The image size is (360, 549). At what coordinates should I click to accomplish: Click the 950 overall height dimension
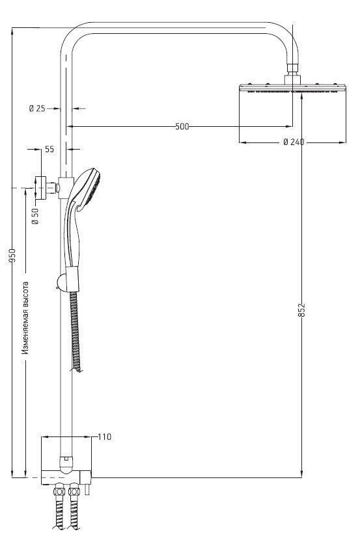tap(12, 256)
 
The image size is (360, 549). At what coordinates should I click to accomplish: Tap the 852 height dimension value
tap(302, 310)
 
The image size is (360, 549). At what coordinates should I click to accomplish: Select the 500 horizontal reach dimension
tap(182, 126)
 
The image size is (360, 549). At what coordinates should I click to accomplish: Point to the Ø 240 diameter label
tap(294, 142)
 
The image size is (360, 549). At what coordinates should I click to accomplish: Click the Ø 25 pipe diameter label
tap(37, 109)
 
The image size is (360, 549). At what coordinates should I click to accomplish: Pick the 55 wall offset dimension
tap(49, 149)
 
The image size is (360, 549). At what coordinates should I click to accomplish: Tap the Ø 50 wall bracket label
tap(35, 216)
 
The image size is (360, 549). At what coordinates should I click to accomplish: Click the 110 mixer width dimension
tap(104, 437)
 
